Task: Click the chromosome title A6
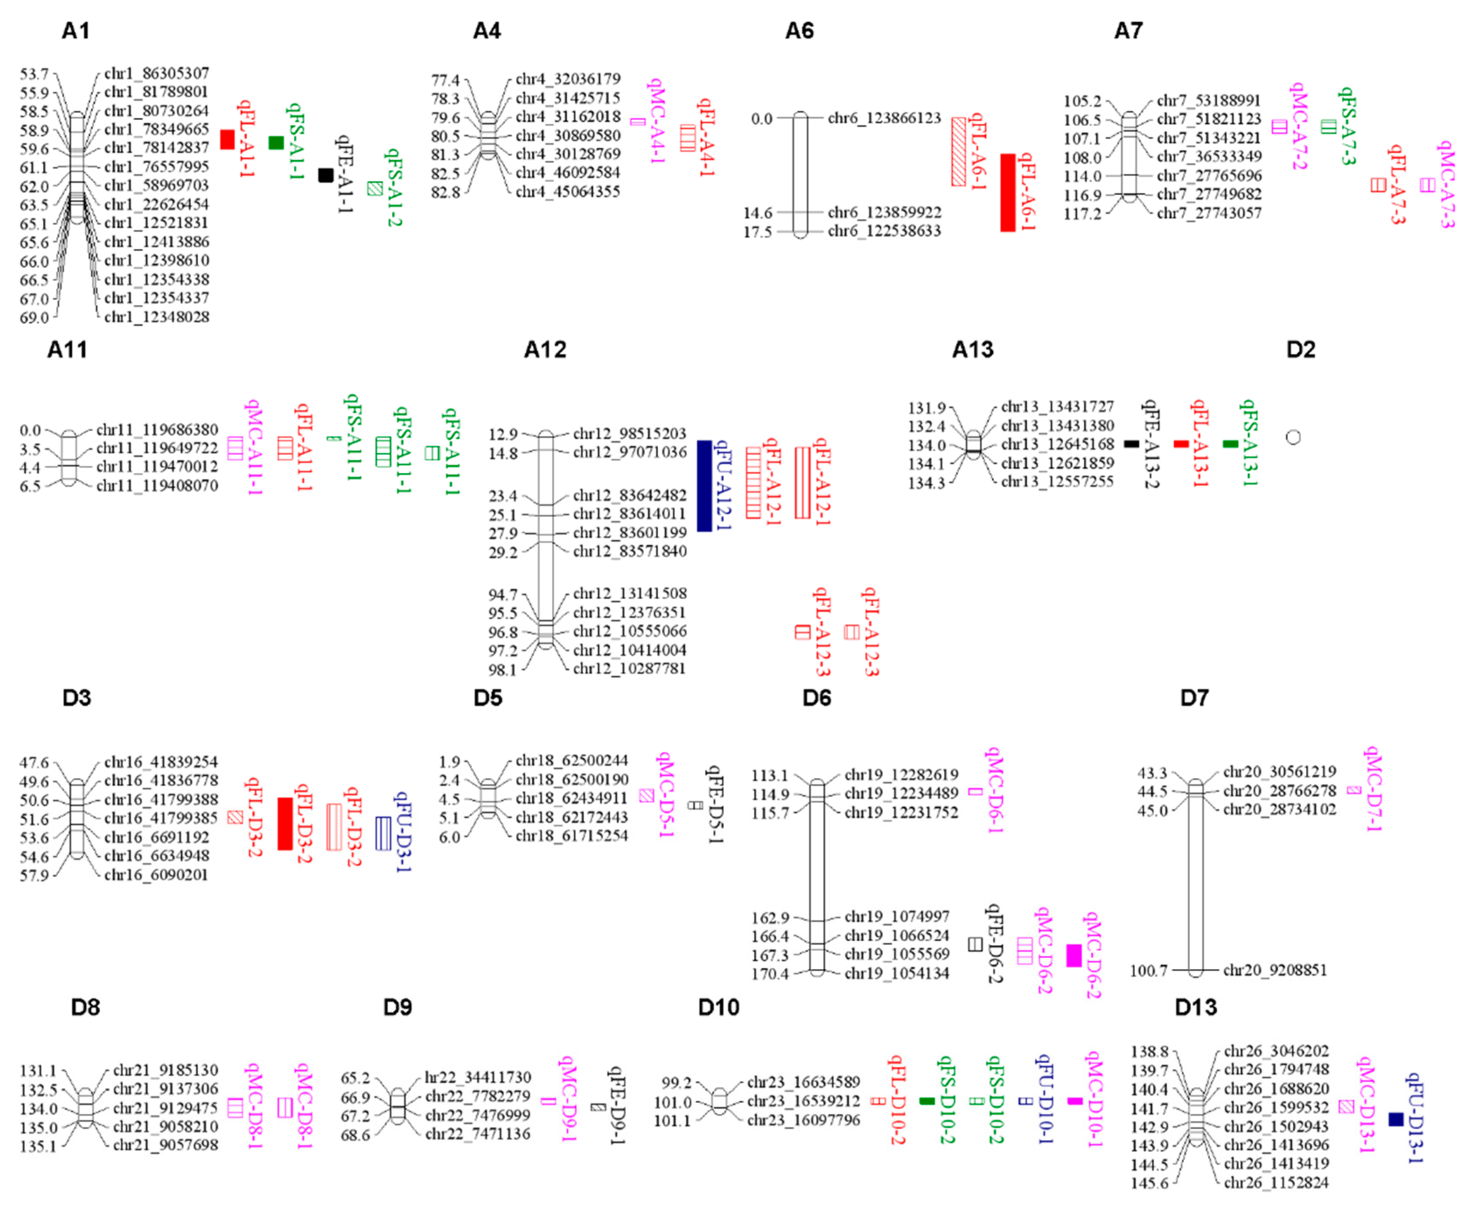pos(799,31)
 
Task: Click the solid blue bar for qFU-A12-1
pos(704,486)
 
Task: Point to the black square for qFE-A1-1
pos(325,175)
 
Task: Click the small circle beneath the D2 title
pos(1293,437)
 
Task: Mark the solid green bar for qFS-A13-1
pos(1230,443)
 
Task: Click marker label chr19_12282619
pos(901,774)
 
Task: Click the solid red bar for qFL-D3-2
pos(285,824)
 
